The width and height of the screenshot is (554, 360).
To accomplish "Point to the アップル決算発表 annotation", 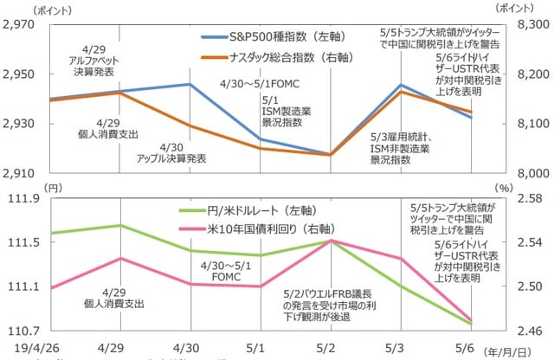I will click(x=171, y=152).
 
